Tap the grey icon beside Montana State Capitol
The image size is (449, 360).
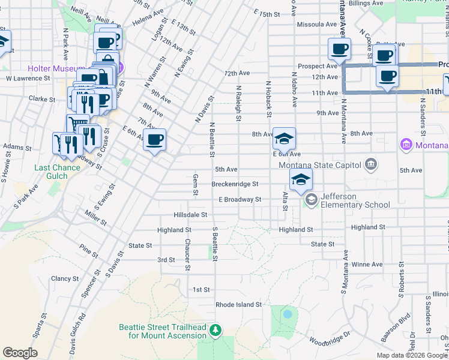click(x=371, y=164)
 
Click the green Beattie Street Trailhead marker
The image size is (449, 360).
click(x=215, y=330)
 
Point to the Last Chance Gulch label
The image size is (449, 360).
click(x=57, y=168)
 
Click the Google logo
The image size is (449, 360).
click(x=20, y=353)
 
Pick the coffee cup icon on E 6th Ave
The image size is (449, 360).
click(x=154, y=140)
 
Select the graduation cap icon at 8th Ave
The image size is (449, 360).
click(x=284, y=139)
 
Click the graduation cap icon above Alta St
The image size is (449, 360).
click(x=301, y=179)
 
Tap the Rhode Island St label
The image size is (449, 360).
click(x=239, y=304)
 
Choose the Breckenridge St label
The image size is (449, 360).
click(x=235, y=184)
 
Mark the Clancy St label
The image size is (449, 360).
click(x=65, y=278)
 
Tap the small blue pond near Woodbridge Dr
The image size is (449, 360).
click(x=288, y=314)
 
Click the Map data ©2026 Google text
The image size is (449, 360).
click(x=412, y=355)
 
